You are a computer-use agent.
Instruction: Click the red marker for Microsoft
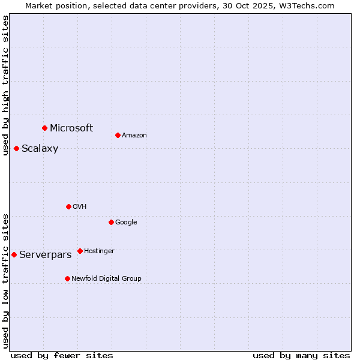coord(44,128)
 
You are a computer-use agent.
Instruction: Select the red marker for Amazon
coord(118,135)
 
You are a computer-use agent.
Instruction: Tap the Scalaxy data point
coord(16,148)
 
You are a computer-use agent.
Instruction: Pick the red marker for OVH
coord(68,206)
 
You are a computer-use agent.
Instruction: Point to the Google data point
coord(111,222)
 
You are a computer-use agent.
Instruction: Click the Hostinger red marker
coord(80,251)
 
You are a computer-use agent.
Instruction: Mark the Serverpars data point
coord(14,254)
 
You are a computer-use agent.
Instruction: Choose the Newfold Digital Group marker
coord(67,278)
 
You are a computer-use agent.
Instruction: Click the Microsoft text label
coord(71,128)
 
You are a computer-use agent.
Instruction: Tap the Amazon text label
coord(134,135)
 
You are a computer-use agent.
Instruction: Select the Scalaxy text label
coord(40,149)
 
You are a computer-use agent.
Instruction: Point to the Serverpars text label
coord(45,255)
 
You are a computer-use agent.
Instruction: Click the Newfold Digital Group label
coord(106,278)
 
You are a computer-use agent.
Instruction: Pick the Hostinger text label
coord(99,251)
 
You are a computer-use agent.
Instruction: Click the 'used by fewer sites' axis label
coord(62,355)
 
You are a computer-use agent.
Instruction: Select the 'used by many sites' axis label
coord(301,355)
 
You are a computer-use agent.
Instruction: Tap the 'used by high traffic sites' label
coord(5,85)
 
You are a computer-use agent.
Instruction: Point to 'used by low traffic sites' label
coord(5,281)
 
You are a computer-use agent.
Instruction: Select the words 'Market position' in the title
coord(54,5)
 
